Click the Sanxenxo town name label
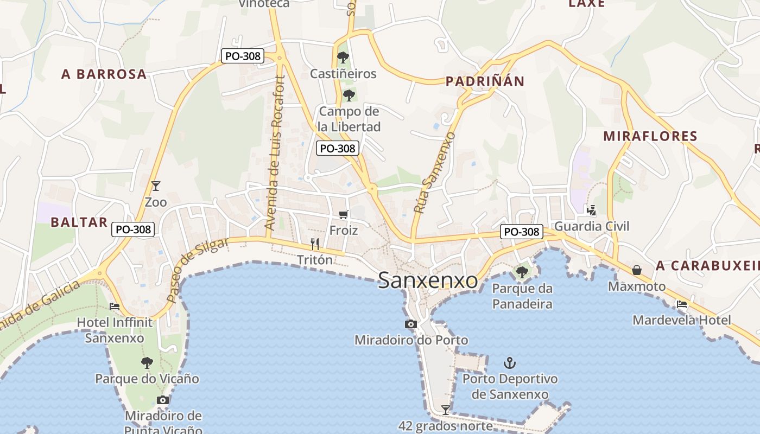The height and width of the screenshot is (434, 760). (428, 280)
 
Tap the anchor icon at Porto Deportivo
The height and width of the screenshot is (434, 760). (509, 363)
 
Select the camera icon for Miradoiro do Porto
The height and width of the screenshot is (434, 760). (411, 324)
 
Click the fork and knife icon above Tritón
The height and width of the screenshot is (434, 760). (314, 244)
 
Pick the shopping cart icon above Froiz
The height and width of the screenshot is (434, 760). (343, 215)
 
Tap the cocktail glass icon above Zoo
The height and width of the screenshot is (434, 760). (156, 186)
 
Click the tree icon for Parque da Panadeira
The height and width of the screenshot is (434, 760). (522, 272)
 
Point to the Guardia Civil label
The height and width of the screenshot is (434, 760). (592, 226)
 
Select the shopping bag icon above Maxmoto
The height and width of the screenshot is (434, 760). (637, 270)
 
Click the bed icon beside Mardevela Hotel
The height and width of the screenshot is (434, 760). (682, 304)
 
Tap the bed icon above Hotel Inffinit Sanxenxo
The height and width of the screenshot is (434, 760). (115, 307)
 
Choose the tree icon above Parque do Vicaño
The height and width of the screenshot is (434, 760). (147, 362)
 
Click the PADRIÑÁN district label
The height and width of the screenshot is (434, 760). (485, 81)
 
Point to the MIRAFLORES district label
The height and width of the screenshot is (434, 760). (650, 136)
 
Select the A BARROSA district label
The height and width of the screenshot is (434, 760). (104, 74)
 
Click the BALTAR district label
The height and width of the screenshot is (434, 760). (79, 222)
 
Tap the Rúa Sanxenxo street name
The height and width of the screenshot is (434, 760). (434, 172)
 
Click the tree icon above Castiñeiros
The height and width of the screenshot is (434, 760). (343, 57)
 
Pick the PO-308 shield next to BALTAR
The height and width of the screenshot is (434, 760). (134, 229)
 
